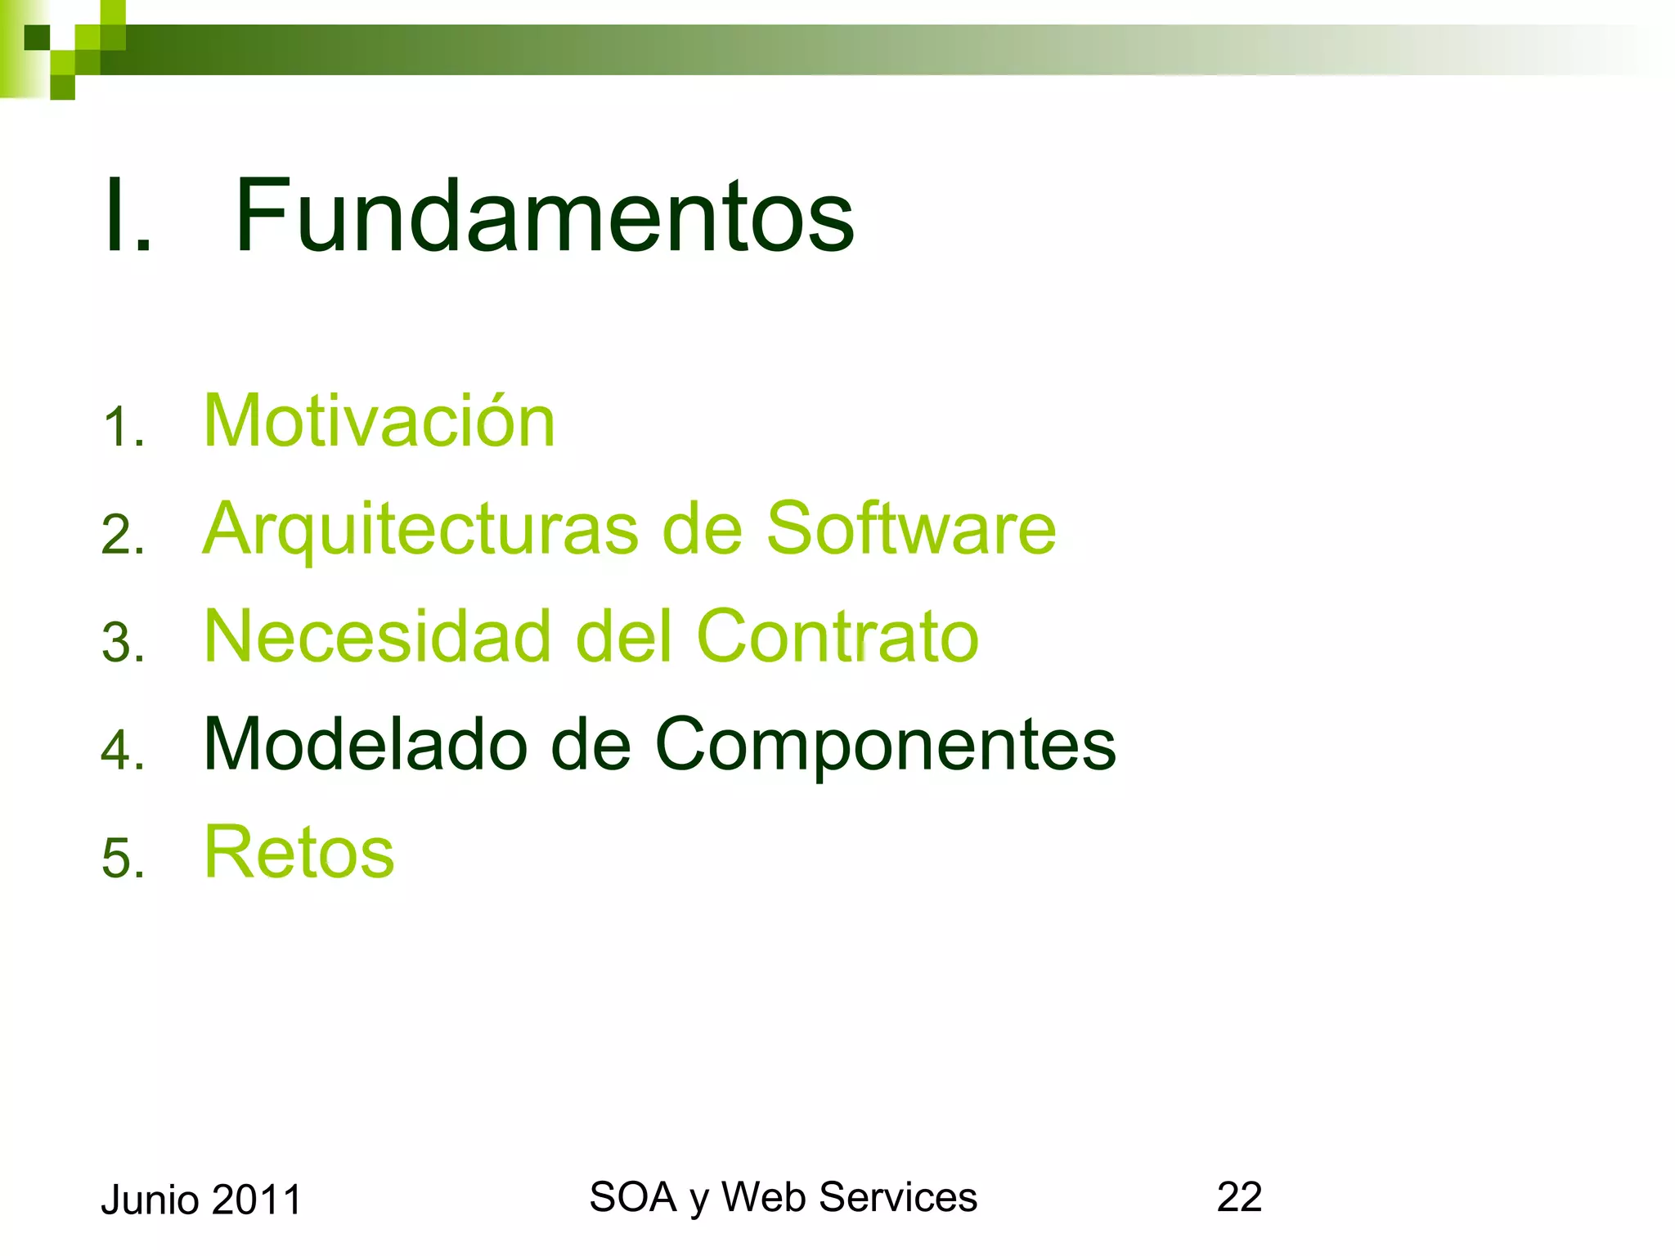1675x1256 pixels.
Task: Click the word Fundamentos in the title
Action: point(544,216)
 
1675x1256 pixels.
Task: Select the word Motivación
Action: point(379,421)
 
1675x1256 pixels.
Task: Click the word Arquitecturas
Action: point(420,530)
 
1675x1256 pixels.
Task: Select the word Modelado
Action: point(365,744)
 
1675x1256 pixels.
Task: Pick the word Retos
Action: point(299,853)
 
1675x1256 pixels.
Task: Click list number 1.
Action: point(123,428)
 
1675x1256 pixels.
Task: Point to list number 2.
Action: point(123,536)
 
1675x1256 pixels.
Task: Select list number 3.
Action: point(123,643)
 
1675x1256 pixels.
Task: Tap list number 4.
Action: point(123,751)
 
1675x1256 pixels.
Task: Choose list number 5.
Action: point(123,859)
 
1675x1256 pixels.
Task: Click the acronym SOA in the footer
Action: point(632,1197)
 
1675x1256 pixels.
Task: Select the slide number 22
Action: point(1239,1197)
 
